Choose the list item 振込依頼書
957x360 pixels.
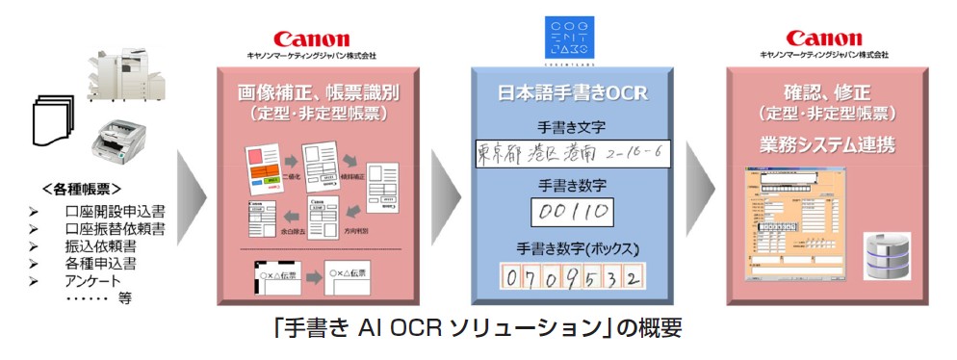[x=100, y=245]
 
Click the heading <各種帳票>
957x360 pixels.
[x=93, y=187]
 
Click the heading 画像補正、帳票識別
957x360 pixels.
[x=319, y=93]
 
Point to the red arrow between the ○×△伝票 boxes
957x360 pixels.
[x=312, y=280]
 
